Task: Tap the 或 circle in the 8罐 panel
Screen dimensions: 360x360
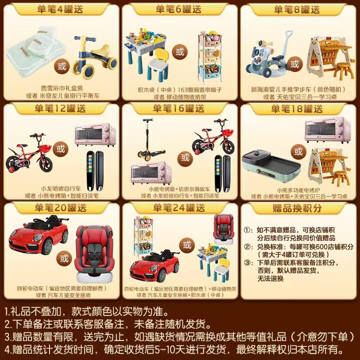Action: click(x=295, y=64)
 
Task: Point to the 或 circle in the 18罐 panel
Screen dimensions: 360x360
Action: click(x=298, y=151)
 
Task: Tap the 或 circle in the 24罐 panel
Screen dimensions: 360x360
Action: click(x=186, y=245)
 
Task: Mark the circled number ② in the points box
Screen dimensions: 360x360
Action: click(x=246, y=247)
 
